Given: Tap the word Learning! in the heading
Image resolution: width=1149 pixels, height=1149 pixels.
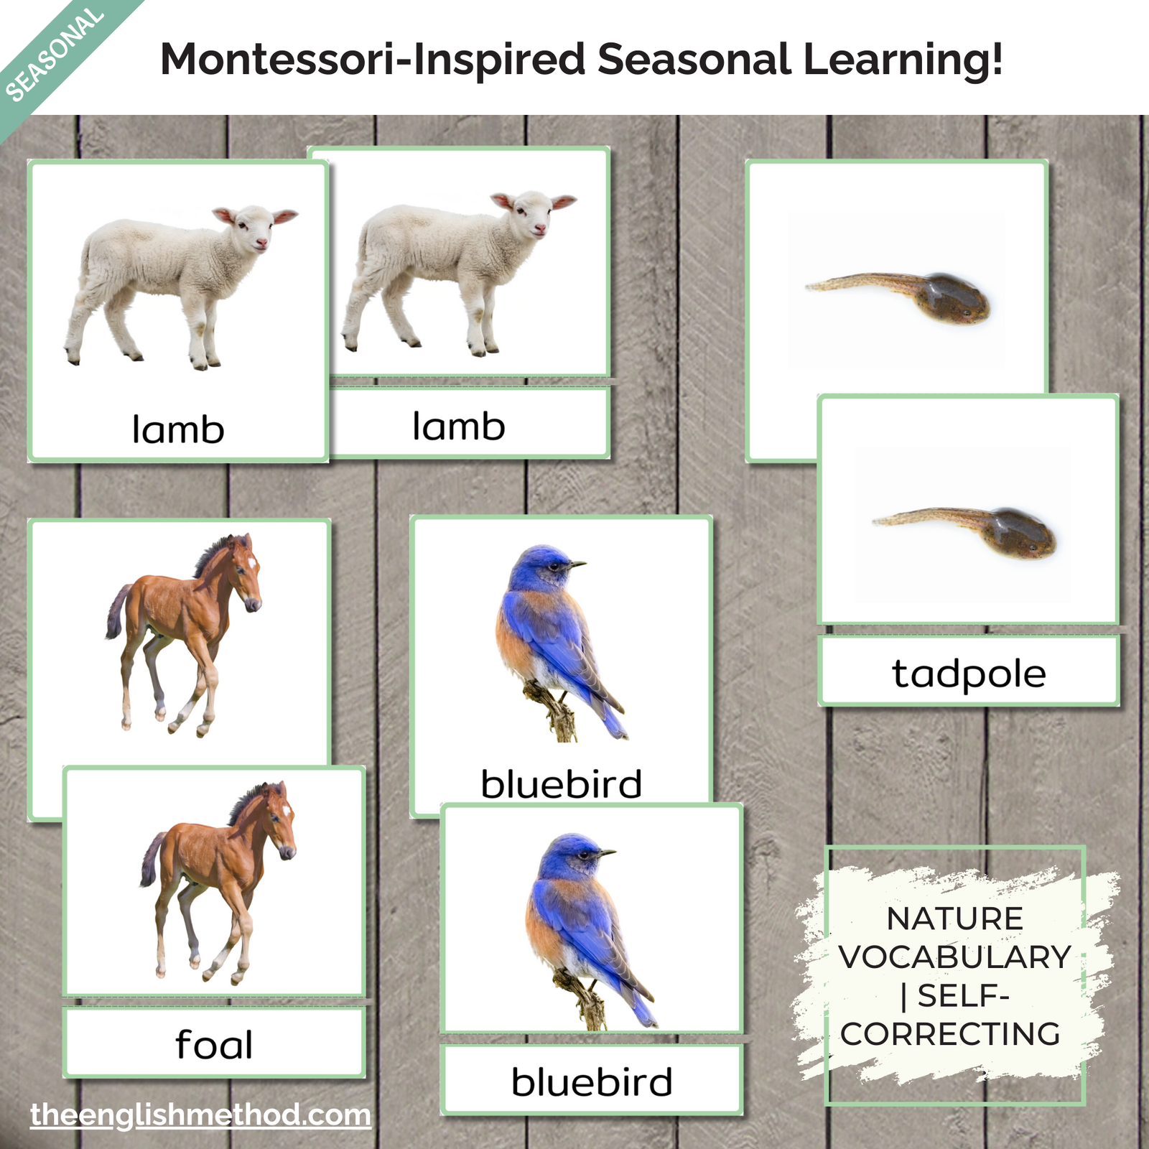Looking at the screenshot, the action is coord(903,60).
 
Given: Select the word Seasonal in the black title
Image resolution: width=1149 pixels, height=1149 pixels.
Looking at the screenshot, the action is coord(694,59).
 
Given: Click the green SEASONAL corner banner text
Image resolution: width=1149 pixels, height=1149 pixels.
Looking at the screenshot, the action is coord(55,55).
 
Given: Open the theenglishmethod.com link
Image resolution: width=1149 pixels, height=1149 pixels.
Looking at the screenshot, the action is coord(201,1115).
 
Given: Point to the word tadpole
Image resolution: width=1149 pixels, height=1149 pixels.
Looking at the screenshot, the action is coord(969,674).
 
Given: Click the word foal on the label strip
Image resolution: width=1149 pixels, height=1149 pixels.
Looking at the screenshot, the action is coord(214,1044).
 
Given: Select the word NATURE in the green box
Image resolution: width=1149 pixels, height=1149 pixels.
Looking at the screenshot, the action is coord(955,918).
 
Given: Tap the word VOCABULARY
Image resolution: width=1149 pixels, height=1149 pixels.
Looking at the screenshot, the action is coord(955,957).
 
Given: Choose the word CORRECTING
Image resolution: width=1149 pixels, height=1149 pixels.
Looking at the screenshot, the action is coord(951,1034).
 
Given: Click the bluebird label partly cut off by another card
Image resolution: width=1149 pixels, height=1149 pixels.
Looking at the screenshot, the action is coord(562,783).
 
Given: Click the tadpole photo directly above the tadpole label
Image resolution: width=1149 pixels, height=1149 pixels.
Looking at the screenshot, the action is coord(964,532).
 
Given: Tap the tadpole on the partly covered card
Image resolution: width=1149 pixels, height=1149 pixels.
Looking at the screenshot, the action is coord(898,297).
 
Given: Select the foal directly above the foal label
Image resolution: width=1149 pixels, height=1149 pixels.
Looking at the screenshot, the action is coord(218,883).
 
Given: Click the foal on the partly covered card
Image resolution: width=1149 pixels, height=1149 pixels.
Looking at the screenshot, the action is coord(184,635).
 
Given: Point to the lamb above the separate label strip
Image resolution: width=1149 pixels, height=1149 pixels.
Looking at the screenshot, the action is coord(460,273).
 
